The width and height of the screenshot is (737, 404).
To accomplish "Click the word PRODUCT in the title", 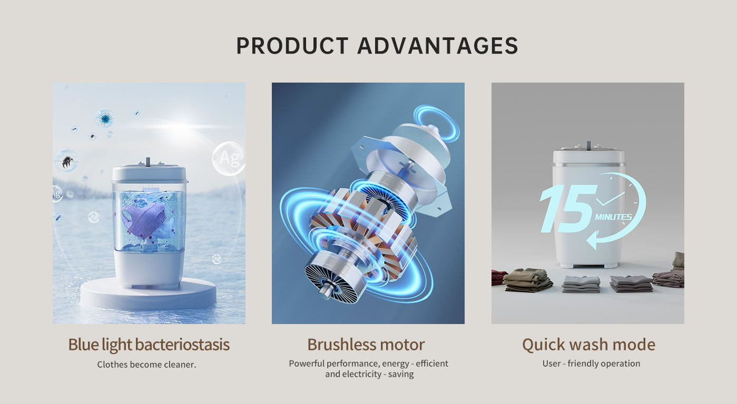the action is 292,45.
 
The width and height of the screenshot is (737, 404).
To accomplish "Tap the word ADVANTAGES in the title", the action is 438,45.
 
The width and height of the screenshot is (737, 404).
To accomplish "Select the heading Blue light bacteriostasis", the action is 149,345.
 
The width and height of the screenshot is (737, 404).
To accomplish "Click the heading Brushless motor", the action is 366,344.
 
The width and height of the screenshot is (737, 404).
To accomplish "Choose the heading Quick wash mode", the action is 588,345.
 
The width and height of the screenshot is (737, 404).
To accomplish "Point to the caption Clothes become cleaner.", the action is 146,364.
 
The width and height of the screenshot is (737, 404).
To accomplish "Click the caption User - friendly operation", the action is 591,363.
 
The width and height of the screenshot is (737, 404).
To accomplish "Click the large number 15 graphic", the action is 568,209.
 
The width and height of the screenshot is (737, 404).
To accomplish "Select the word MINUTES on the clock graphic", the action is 613,217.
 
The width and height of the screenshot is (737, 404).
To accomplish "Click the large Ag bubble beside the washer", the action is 229,159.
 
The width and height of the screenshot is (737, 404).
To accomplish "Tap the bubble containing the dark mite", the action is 66,161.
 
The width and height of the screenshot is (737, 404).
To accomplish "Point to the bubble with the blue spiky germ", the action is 105,118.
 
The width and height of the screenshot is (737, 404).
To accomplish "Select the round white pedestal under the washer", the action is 149,294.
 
